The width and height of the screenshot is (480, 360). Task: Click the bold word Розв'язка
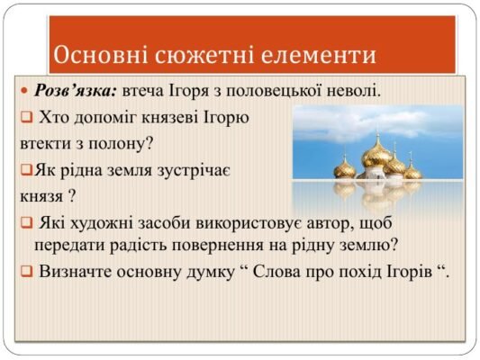click(x=76, y=91)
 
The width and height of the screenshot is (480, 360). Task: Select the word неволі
click(x=357, y=91)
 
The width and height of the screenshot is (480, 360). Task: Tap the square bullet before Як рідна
click(x=24, y=168)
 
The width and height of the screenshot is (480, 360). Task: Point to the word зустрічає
click(x=206, y=168)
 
